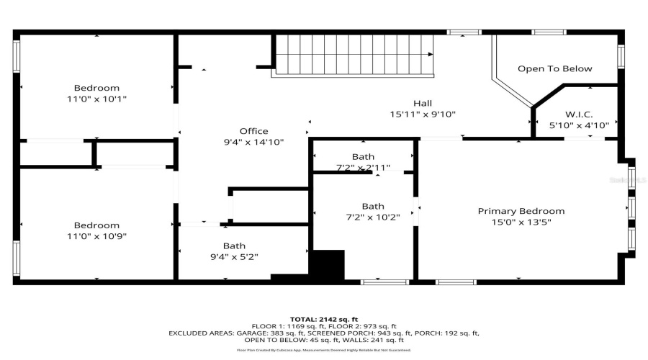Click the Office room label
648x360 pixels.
(253, 131)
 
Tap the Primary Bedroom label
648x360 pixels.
(521, 211)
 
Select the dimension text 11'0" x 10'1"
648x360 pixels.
(96, 99)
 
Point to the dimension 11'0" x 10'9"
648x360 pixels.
(96, 236)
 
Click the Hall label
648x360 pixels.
(423, 103)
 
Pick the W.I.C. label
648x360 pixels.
(579, 114)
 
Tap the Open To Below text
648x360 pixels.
(554, 68)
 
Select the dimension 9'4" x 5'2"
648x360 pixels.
(234, 256)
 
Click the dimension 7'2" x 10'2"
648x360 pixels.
(373, 217)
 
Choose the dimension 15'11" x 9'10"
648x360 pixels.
(423, 114)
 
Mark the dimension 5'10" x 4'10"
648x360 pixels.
(579, 125)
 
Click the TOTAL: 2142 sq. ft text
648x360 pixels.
(324, 319)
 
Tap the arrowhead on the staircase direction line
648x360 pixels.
(431, 54)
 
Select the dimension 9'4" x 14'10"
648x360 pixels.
(253, 142)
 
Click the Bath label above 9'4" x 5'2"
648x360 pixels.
(234, 246)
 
